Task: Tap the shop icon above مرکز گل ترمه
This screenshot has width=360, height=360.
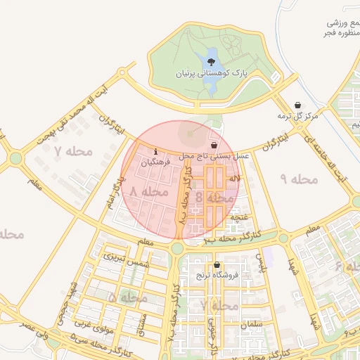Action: point(298,105)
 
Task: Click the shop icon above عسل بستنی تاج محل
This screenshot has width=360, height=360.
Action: point(214,144)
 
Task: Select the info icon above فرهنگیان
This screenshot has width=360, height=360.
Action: point(155,151)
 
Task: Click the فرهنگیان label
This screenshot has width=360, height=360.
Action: point(155,162)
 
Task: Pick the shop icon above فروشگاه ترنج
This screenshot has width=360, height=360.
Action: point(216,265)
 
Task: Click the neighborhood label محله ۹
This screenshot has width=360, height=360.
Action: point(300,179)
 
